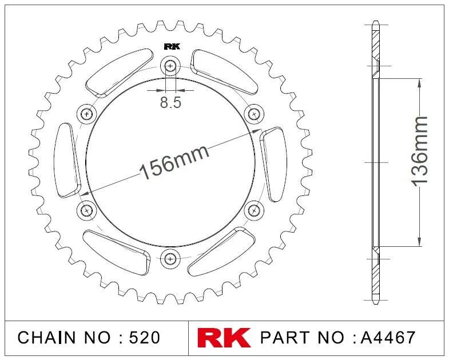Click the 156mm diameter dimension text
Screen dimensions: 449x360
click(174, 162)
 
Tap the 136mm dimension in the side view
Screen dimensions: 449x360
click(419, 151)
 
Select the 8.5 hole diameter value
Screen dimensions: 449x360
click(170, 102)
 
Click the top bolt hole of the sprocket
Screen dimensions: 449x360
click(170, 66)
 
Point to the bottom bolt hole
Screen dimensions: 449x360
click(170, 259)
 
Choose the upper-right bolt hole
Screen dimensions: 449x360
click(254, 114)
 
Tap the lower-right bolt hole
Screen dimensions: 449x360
click(254, 211)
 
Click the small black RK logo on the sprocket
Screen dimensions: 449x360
click(172, 46)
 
